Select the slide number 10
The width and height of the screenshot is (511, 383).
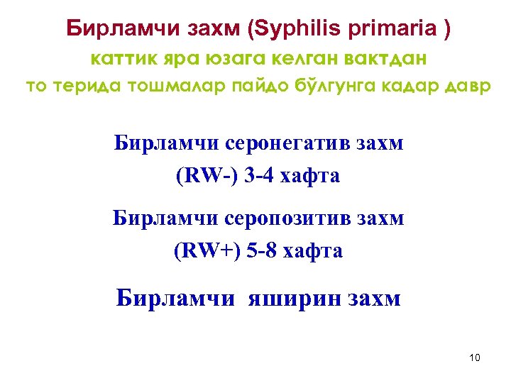point(475,357)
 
